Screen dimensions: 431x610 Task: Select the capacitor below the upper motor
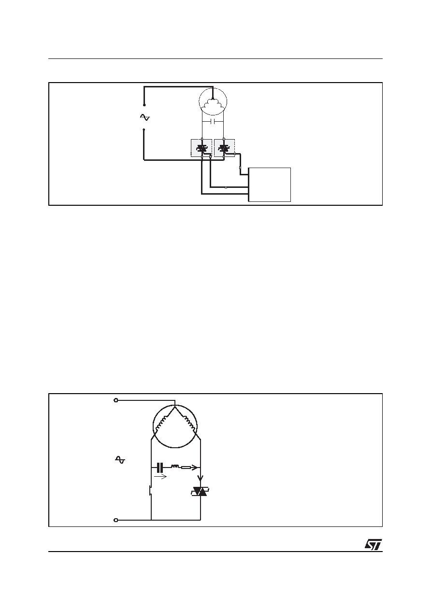coord(213,121)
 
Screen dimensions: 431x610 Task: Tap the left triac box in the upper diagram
coord(201,148)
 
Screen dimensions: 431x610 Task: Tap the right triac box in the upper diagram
coord(224,148)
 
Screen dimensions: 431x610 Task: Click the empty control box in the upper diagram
coord(270,184)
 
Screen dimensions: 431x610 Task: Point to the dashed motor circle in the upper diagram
coord(213,88)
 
